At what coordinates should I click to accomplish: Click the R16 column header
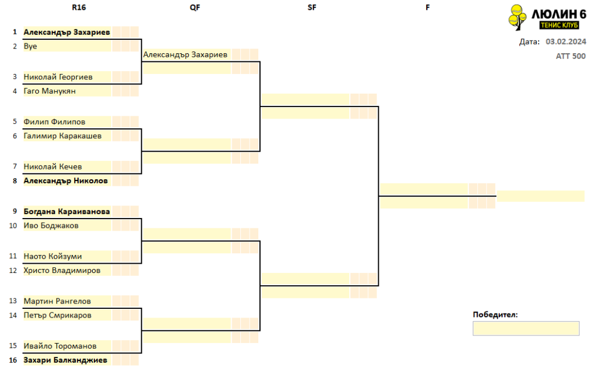79,8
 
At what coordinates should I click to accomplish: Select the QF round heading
195,8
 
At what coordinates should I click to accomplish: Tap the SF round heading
312,8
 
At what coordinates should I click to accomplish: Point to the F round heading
428,8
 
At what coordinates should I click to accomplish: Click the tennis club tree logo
517,17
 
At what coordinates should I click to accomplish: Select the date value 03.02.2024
566,42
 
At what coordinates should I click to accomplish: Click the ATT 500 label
570,56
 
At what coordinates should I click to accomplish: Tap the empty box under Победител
526,329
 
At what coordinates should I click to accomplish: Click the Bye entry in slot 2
30,46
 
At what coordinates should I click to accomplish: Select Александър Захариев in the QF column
185,55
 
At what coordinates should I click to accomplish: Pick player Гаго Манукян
50,91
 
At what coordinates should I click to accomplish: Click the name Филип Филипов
54,121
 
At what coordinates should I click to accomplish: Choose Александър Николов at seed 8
66,181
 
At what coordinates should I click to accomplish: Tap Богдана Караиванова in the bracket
67,212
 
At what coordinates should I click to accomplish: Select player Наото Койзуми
53,256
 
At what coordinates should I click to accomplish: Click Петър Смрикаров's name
57,315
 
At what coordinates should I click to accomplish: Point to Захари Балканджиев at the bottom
65,360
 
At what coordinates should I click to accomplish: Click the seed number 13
13,301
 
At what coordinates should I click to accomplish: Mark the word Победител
495,315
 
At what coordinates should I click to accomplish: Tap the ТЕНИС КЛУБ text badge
559,25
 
